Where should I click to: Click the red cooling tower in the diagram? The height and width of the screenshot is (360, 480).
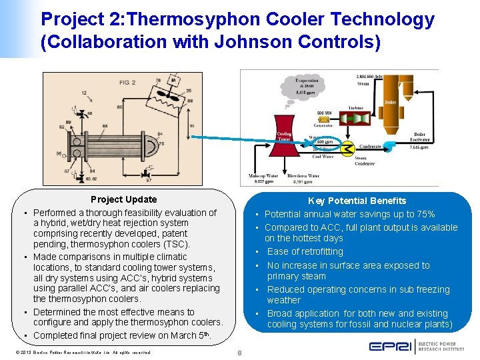click(285, 133)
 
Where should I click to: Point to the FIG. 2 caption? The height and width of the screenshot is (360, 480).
click(127, 82)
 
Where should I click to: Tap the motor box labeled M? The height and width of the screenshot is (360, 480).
click(173, 81)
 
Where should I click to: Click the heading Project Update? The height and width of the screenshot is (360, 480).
click(124, 199)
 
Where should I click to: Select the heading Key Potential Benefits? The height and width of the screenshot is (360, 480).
click(357, 201)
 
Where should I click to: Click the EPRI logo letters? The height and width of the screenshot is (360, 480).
click(390, 347)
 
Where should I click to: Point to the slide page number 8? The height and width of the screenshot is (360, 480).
click(239, 353)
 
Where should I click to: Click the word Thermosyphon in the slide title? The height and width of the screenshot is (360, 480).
click(185, 19)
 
